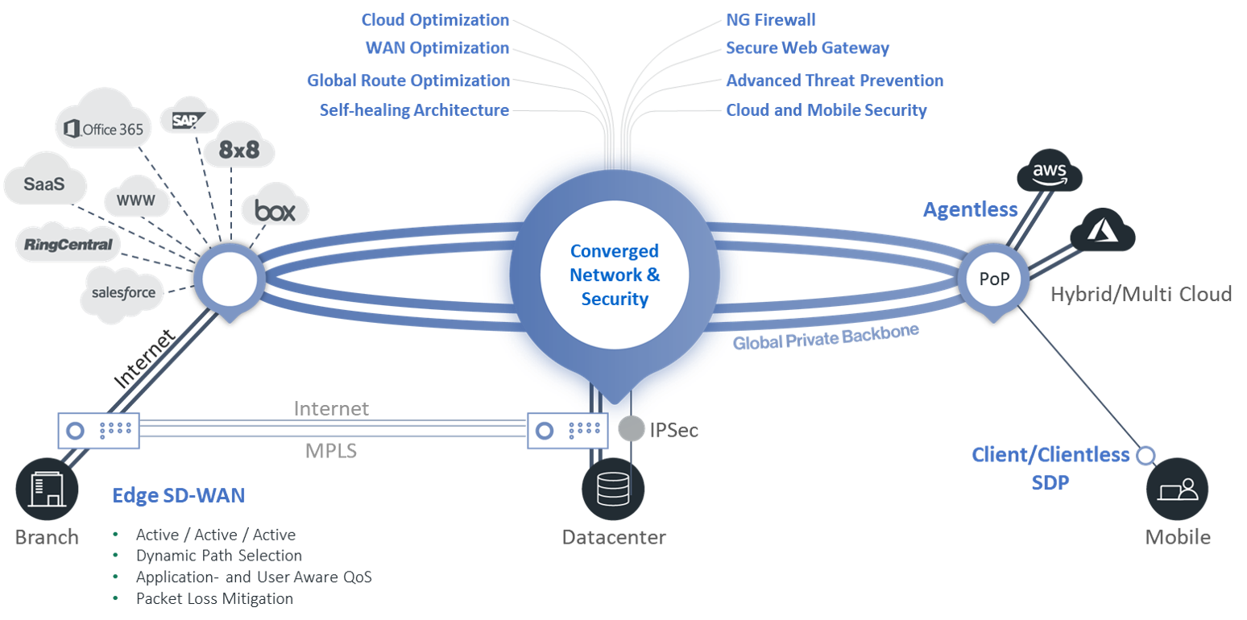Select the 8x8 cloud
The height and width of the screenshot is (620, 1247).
[239, 151]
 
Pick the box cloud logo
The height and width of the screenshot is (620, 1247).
[275, 211]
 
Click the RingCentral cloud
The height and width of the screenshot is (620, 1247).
[68, 244]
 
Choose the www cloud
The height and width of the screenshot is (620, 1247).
[136, 199]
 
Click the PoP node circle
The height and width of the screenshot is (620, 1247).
[993, 279]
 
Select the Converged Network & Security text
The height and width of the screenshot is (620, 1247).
[615, 275]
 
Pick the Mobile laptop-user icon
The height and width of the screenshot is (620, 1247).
[1177, 489]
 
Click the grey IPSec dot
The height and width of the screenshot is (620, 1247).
[632, 428]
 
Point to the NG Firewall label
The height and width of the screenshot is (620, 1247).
[771, 19]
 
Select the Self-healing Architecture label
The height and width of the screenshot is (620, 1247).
[414, 110]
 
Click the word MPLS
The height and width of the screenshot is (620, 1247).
[330, 450]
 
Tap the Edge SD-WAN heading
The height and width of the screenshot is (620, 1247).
[178, 495]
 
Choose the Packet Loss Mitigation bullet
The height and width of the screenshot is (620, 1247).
[214, 598]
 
